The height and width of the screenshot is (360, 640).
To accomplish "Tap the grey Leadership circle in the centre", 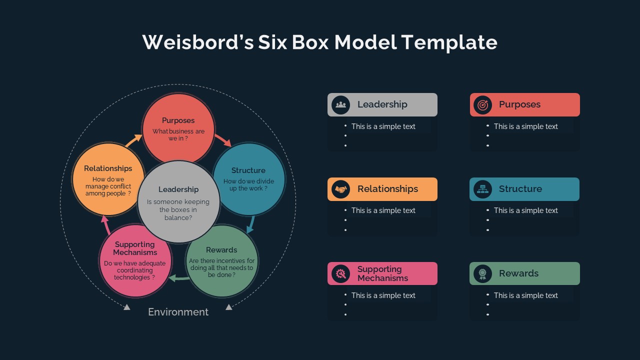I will coord(178,202).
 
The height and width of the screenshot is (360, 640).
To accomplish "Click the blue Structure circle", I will coord(249,179).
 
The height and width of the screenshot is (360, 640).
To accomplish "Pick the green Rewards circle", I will coord(222,261).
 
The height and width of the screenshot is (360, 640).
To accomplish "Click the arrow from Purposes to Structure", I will coord(223,140).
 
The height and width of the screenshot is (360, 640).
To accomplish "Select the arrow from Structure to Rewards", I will coord(251,224).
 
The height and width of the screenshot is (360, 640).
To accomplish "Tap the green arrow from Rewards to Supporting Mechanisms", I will coord(178,278).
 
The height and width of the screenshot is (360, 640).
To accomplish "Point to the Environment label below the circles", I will coord(178,312).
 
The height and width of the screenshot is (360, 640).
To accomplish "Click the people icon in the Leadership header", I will coord(341,104).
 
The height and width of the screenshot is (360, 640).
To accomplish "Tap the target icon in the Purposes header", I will coord(482,104).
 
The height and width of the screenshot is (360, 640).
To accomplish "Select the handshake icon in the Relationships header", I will coord(341,189).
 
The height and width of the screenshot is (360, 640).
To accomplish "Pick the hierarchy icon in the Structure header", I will coord(482,189).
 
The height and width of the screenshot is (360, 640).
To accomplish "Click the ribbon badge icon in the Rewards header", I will coord(482,273).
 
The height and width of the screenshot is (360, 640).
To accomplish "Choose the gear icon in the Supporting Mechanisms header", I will coord(341,273).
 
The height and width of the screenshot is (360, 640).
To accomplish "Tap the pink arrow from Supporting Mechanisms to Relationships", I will coord(106,225).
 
